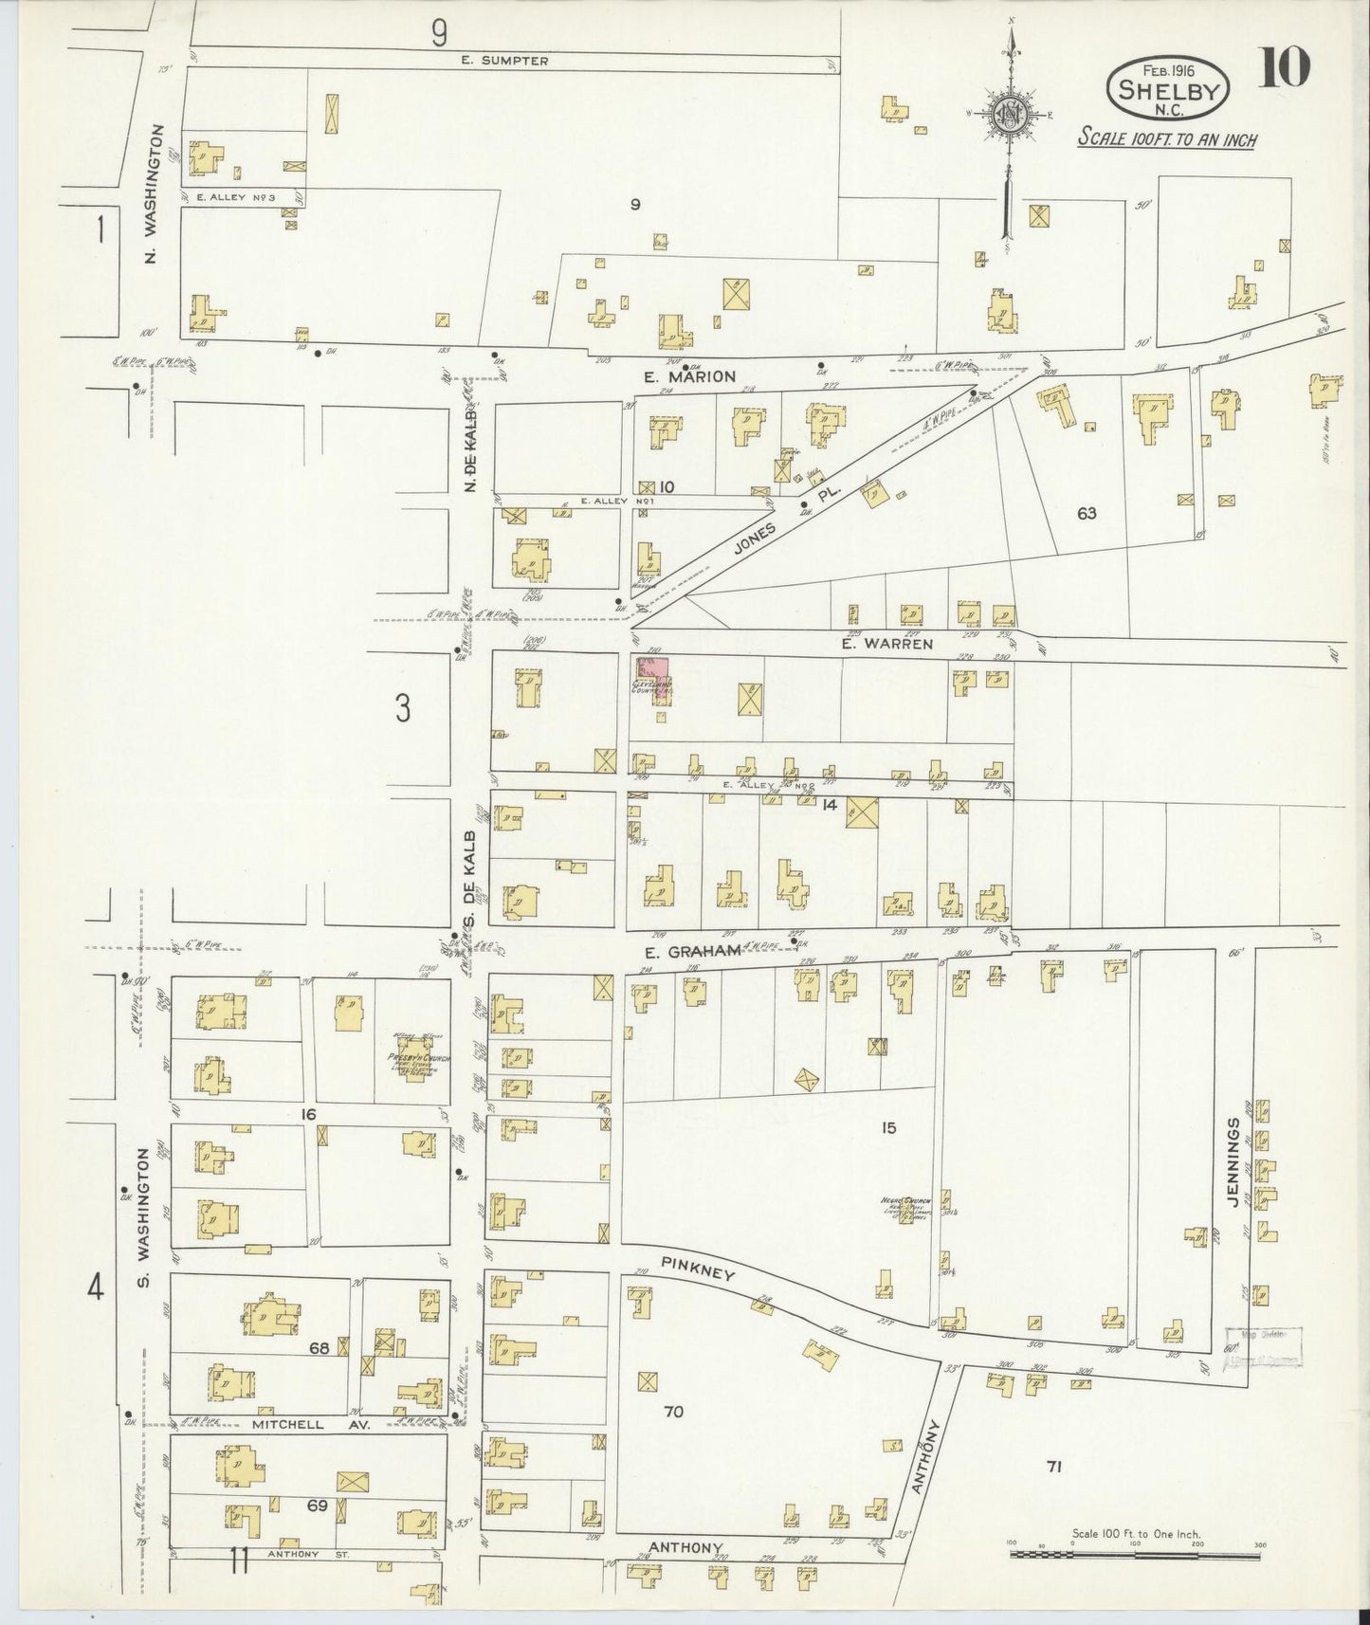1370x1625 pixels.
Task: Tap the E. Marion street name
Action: coord(689,376)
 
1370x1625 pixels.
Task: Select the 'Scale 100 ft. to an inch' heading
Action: coord(1167,139)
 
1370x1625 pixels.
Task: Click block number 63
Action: coord(1087,513)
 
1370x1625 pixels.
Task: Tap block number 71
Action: coord(1053,1493)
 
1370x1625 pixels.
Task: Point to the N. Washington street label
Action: coord(155,193)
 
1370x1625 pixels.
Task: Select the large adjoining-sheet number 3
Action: coord(403,708)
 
